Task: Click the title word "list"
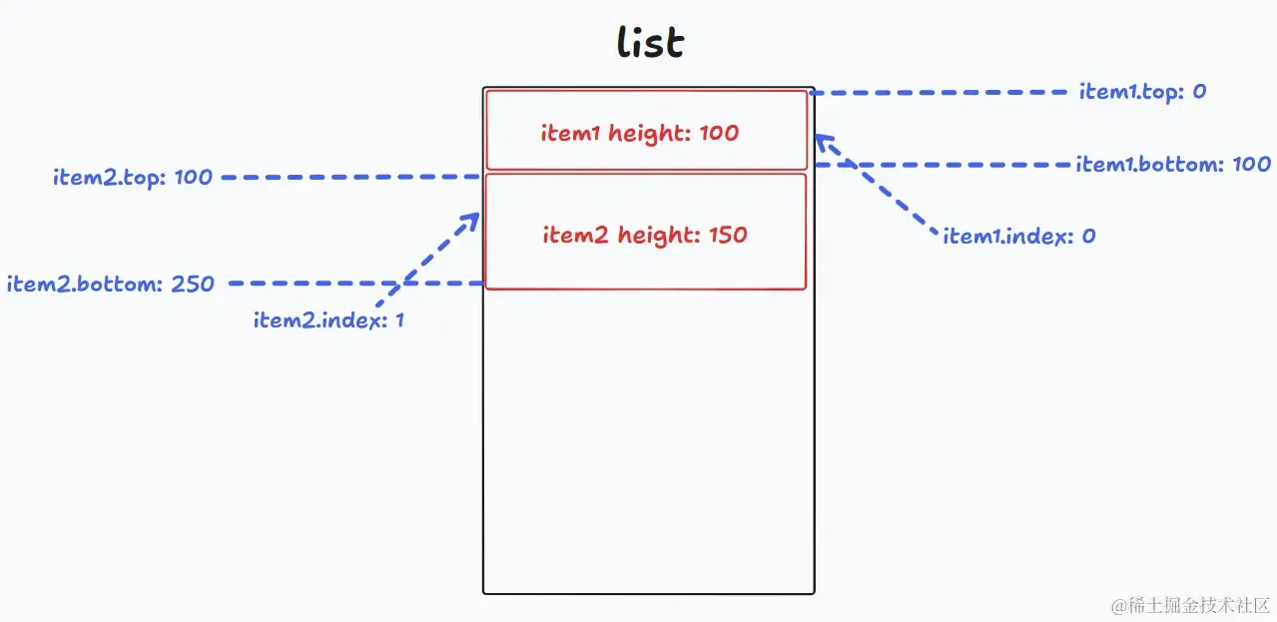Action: click(650, 42)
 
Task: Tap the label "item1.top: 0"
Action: click(1142, 92)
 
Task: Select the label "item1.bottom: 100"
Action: click(1173, 164)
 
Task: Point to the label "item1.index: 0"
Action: click(1019, 236)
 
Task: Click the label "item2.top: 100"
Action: click(133, 178)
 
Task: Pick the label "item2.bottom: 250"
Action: click(111, 284)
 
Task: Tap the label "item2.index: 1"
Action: click(328, 319)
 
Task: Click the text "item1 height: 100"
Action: click(640, 134)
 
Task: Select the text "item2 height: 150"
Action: click(645, 235)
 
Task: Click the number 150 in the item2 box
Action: click(728, 235)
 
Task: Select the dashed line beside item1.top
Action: click(939, 92)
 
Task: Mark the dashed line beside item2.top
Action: click(350, 177)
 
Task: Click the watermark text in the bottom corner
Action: click(1191, 605)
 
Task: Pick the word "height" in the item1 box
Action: click(649, 134)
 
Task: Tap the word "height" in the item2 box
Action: click(658, 236)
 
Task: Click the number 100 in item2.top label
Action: click(194, 177)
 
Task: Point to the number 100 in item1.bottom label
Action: click(1252, 164)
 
